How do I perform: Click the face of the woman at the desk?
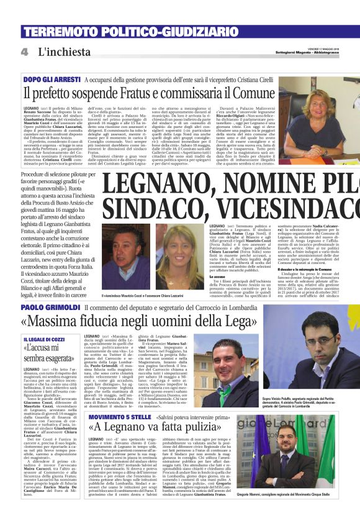click(x=308, y=103)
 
